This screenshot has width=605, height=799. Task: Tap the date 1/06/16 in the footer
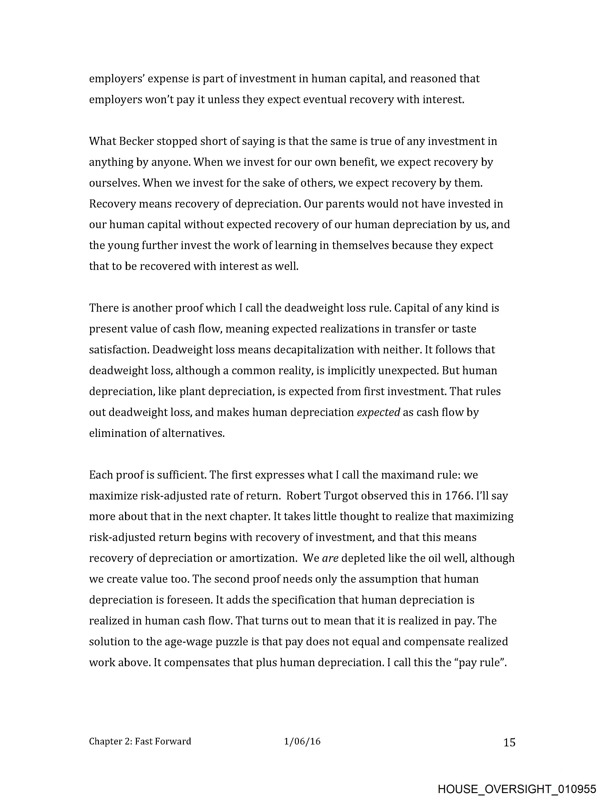coord(302,742)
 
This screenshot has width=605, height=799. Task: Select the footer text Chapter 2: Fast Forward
coord(140,742)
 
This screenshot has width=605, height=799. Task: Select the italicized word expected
coord(378,412)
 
